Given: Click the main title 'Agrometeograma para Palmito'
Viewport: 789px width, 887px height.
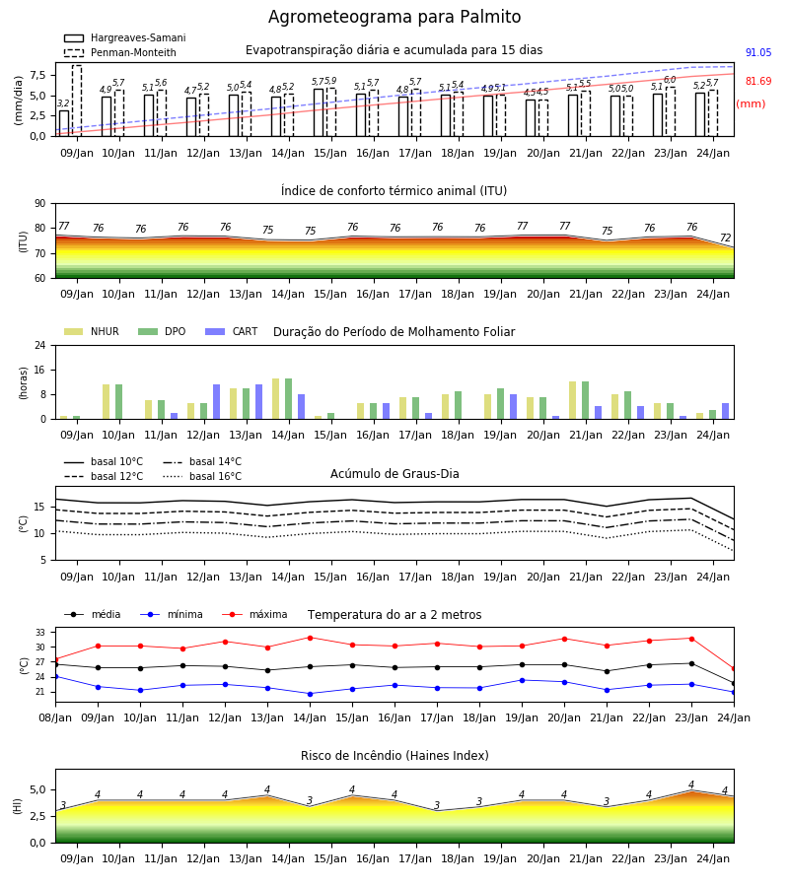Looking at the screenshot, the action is (394, 17).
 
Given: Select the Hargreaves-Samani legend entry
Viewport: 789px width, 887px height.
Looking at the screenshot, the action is (124, 37).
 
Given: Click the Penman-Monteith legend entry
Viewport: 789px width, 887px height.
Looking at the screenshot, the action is (120, 52).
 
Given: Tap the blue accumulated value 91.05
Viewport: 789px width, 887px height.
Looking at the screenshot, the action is (758, 52).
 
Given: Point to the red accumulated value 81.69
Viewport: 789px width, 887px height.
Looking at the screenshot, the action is (758, 81).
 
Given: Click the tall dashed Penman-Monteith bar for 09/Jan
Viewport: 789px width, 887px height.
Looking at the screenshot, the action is (77, 101).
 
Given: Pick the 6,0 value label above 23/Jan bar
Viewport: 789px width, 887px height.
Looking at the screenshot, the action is (670, 80).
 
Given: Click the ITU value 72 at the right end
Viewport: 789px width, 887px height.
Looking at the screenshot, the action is (726, 238).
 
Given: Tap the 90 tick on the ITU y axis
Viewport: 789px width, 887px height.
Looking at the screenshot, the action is (40, 204).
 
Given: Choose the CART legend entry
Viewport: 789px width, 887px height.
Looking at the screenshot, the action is (231, 331).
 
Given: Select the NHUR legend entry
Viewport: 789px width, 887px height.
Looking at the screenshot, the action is (92, 331).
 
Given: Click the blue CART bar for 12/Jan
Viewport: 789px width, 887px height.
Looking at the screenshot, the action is (216, 402).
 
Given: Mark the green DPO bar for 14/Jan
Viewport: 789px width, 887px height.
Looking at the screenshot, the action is (289, 399).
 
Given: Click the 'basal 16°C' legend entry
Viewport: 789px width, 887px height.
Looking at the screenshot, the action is (202, 476).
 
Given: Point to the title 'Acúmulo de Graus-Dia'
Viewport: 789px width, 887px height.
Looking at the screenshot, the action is (394, 474).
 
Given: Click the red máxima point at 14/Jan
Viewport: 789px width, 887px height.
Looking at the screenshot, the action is (310, 638).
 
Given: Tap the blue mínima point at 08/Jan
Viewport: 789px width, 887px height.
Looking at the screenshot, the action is (55, 676).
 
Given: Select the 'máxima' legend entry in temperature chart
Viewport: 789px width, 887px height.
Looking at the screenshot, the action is (254, 614).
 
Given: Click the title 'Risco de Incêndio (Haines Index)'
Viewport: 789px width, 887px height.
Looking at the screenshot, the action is (394, 756).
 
